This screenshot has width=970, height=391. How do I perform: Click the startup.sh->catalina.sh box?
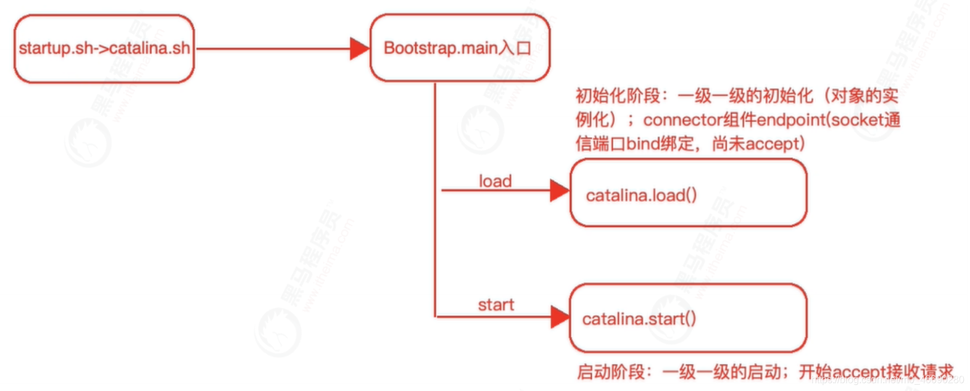click(x=104, y=49)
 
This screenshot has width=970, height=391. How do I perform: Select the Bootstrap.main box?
click(x=459, y=48)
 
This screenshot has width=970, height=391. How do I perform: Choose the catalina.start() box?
click(x=688, y=318)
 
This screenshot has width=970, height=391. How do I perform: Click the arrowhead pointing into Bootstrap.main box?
click(x=360, y=48)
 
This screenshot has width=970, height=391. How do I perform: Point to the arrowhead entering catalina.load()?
click(x=560, y=191)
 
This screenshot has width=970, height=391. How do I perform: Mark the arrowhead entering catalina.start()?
click(x=560, y=317)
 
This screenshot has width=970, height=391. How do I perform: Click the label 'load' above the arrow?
click(x=495, y=181)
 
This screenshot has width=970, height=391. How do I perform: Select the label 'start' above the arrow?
click(x=495, y=305)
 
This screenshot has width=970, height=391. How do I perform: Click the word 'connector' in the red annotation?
click(x=682, y=120)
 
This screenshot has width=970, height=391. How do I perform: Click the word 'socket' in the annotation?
click(x=858, y=120)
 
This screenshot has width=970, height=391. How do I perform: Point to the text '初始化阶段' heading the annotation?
click(x=618, y=96)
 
